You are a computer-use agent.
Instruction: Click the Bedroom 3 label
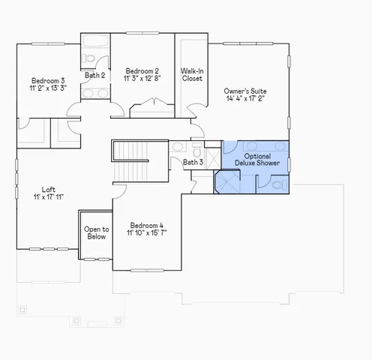coord(47,81)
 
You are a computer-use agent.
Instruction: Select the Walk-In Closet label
coord(192,74)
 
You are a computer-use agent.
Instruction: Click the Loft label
coord(48,189)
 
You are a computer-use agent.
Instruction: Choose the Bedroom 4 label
coord(146,225)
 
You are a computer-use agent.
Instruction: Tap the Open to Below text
coord(96,233)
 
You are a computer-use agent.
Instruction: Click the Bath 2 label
coord(94,75)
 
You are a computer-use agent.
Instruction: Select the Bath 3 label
coord(193,162)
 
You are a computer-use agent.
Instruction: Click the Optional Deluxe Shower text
coord(257,159)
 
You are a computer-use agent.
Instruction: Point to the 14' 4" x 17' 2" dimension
coord(244,98)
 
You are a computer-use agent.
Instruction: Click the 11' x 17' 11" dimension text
coord(48,197)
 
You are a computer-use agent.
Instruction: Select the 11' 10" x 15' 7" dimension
coord(147,233)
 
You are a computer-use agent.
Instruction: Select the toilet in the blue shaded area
coord(277,183)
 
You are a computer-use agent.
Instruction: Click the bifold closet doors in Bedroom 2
coord(152,111)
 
